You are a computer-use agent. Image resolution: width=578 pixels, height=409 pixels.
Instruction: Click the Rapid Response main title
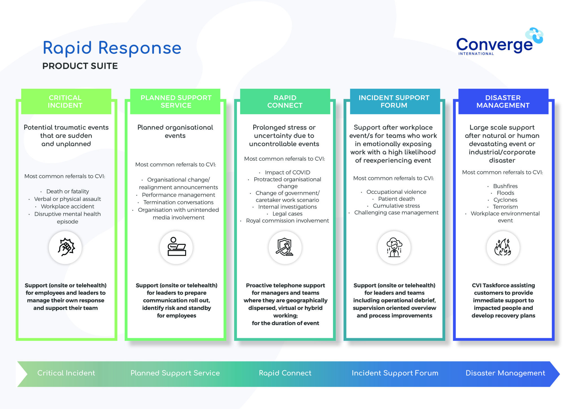[112, 48]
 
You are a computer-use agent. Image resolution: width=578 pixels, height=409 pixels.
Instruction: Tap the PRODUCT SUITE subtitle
[80, 66]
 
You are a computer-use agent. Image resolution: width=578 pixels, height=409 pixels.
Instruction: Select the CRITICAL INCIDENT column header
[65, 102]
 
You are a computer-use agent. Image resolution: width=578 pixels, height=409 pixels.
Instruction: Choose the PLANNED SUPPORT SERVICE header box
[176, 102]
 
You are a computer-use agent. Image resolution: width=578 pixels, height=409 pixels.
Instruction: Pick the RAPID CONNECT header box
[285, 102]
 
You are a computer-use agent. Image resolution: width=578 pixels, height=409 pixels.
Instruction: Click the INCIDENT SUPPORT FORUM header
[394, 102]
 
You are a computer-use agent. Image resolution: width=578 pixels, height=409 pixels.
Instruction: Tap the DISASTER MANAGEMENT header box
[503, 102]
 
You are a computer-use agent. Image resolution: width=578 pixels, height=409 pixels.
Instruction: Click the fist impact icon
[65, 247]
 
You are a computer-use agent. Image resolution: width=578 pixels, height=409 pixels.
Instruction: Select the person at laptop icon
[176, 247]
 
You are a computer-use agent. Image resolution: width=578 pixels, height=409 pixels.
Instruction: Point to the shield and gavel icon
[285, 247]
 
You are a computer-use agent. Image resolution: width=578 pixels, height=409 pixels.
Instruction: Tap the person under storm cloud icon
[394, 247]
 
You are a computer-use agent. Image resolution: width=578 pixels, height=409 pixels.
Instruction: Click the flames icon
[503, 247]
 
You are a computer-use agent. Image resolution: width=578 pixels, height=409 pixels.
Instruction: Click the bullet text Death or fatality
[67, 192]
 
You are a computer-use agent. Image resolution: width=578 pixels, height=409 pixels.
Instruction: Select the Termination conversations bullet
[178, 202]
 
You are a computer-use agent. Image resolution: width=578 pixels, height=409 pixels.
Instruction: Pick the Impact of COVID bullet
[287, 172]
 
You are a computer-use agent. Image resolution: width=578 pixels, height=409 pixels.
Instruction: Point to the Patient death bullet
[396, 199]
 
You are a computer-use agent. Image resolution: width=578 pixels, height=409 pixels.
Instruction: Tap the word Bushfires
[505, 186]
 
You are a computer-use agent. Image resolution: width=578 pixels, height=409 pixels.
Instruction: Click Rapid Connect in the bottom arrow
[285, 373]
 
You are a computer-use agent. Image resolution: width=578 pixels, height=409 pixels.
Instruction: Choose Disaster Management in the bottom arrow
[505, 373]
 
